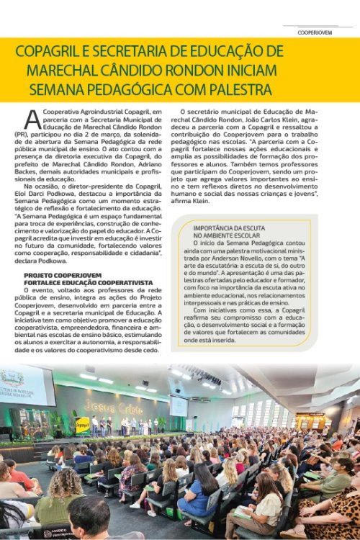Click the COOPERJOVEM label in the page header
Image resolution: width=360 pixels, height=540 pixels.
317,32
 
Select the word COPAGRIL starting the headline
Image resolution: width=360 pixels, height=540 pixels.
50,52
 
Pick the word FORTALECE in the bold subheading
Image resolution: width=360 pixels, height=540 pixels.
48,283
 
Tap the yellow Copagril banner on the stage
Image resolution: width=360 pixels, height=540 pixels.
83,426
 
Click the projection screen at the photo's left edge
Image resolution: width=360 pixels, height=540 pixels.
25,387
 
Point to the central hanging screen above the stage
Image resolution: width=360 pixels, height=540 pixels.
178,405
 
